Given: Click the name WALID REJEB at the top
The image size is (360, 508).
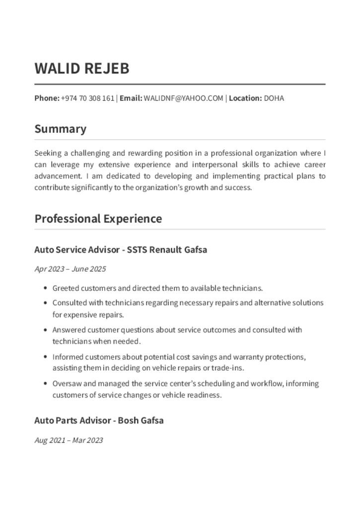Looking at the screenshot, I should click(x=82, y=68).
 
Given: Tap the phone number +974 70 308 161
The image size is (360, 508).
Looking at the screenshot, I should click(x=88, y=98).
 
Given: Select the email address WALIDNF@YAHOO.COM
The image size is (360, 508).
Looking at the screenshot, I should click(x=183, y=98).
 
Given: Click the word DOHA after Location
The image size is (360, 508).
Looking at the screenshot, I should click(x=274, y=98).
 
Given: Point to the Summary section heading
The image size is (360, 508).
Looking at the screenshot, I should click(x=61, y=129).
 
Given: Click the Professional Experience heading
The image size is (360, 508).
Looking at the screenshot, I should click(x=98, y=219).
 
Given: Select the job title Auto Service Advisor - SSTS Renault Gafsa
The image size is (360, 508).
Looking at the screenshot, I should click(x=121, y=250).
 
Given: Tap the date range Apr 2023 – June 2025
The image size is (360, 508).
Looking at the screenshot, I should click(x=70, y=269).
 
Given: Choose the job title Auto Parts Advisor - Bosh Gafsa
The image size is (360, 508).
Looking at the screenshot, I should click(x=99, y=421).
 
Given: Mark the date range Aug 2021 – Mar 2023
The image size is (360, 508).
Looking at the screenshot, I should click(x=69, y=440).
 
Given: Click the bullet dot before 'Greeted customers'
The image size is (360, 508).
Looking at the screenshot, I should click(x=46, y=288).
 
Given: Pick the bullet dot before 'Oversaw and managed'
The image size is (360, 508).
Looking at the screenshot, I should click(x=46, y=383).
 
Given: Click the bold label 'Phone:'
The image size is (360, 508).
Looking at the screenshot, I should click(x=47, y=98).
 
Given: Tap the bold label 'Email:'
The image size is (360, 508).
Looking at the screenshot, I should click(x=131, y=98).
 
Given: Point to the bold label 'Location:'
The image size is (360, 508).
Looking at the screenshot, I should click(x=245, y=98).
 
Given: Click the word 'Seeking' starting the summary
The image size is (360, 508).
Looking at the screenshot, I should click(x=48, y=153).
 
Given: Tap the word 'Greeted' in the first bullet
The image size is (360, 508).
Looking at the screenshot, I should click(x=66, y=288).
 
